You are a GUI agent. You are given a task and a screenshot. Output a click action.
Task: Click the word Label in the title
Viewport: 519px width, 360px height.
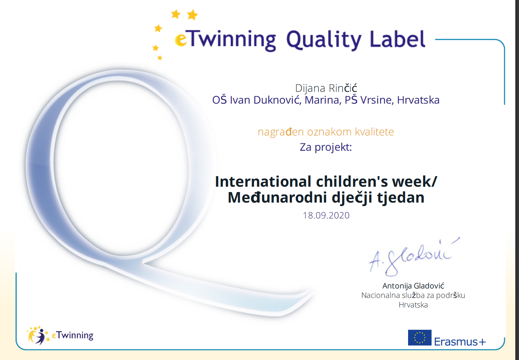click(397, 39)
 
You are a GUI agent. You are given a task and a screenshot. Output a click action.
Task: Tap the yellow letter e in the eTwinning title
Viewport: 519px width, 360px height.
click(181, 40)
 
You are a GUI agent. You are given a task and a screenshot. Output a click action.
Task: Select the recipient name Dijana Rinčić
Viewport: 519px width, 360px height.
click(326, 88)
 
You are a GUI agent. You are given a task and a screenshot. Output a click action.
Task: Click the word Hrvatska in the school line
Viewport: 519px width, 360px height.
click(418, 100)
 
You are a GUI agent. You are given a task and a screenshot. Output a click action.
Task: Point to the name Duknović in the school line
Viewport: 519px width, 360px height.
click(277, 100)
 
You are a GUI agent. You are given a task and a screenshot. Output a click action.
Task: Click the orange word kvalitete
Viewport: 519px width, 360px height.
click(374, 132)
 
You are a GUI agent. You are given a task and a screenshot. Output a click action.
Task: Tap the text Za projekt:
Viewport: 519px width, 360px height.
click(326, 147)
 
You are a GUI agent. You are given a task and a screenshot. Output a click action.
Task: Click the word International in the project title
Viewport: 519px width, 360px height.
click(263, 181)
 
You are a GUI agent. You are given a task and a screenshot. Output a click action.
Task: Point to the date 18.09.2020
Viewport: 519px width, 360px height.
click(326, 215)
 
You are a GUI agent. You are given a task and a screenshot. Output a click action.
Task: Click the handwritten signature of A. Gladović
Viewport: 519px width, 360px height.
click(413, 257)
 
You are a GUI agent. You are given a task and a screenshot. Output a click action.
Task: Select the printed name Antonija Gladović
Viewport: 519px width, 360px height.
click(413, 286)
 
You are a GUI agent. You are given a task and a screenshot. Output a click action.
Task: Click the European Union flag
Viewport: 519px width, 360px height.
click(420, 337)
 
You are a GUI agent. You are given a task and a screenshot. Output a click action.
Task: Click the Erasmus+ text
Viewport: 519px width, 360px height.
click(460, 342)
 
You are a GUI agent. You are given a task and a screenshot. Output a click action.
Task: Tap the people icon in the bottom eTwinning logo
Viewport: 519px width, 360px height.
click(38, 335)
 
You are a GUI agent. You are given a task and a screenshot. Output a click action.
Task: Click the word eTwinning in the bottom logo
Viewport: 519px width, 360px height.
click(72, 335)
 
